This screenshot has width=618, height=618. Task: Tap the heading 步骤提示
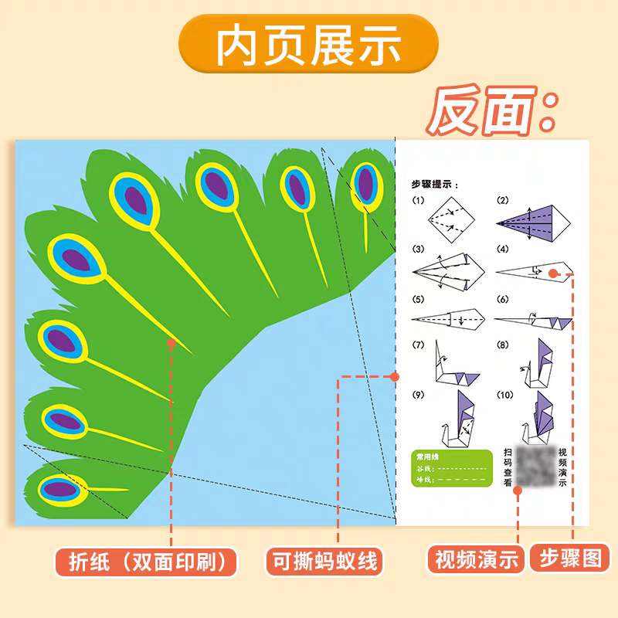point(436,185)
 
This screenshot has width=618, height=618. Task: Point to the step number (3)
point(419,250)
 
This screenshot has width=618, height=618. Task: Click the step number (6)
point(504,299)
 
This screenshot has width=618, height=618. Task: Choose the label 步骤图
point(570,558)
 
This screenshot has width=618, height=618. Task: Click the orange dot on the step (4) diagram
point(553,273)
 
